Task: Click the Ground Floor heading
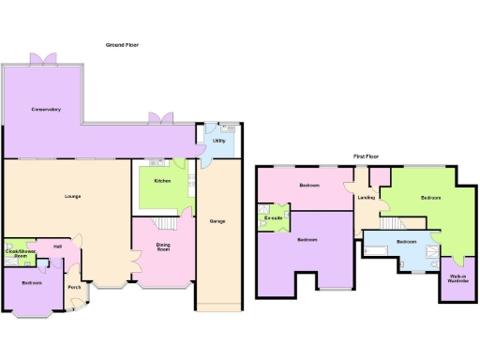click(123, 44)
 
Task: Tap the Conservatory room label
click(45, 110)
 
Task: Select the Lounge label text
click(71, 196)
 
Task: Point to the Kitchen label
click(161, 180)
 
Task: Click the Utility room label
click(218, 141)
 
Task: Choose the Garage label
click(217, 222)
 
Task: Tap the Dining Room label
click(163, 248)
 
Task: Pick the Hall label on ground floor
click(58, 247)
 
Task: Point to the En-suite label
click(274, 218)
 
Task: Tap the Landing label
click(367, 198)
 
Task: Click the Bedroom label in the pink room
click(309, 186)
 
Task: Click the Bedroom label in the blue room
click(406, 242)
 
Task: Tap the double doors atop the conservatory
click(43, 58)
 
